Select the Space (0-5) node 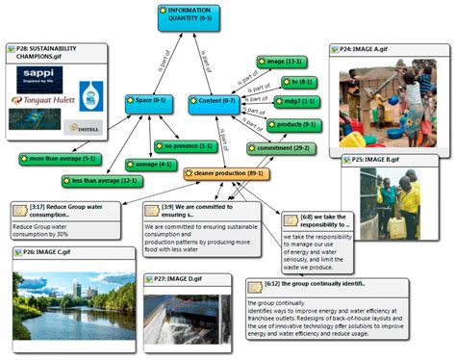147,100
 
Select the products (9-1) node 292,125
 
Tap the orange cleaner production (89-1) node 222,173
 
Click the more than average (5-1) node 58,157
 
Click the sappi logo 39,73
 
